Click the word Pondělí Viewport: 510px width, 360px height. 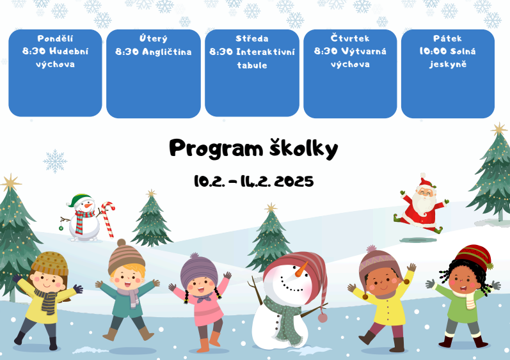click(55, 38)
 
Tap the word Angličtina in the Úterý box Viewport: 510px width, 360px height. click(166, 52)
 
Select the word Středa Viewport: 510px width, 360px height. click(252, 38)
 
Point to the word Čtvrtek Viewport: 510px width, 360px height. click(350, 38)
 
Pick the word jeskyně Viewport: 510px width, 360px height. click(448, 65)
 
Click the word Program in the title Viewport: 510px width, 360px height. click(216, 149)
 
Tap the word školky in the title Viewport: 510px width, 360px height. click(304, 149)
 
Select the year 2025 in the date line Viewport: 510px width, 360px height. click(294, 182)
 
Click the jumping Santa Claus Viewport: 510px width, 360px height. click(421, 204)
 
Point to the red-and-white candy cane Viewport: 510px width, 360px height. click(108, 219)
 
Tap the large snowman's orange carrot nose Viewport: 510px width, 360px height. click(301, 269)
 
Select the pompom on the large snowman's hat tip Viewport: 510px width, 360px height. click(323, 317)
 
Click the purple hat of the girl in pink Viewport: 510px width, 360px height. click(199, 270)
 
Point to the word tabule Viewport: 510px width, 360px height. click(252, 65)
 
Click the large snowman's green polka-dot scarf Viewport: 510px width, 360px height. click(283, 318)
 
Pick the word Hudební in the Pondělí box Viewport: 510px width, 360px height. click(69, 51)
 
